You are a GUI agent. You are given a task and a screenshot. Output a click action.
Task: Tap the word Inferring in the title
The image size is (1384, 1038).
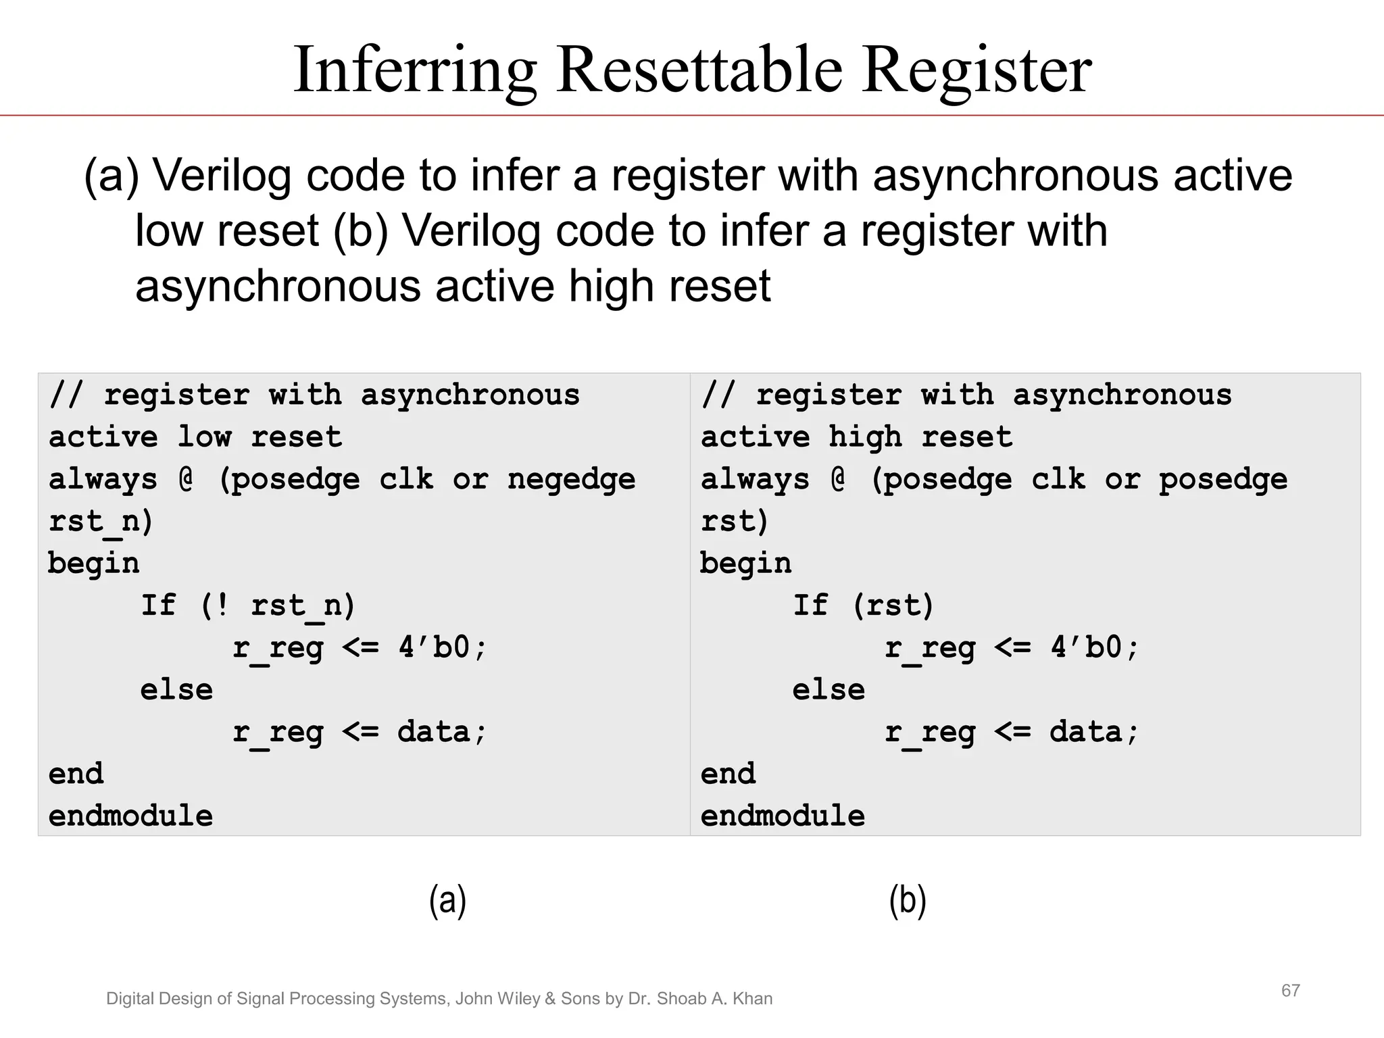415,72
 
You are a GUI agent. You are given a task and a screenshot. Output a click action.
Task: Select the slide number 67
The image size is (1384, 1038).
1290,991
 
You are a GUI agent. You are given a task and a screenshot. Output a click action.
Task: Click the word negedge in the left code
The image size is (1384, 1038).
571,480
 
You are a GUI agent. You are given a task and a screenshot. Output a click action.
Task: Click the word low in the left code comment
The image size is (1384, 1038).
204,437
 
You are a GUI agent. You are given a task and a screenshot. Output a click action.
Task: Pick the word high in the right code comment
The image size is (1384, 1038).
865,437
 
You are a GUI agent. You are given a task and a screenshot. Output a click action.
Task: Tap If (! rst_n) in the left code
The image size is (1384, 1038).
247,605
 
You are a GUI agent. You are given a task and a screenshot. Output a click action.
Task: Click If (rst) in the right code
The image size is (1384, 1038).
863,605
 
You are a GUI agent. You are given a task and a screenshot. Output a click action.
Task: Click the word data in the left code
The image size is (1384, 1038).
433,732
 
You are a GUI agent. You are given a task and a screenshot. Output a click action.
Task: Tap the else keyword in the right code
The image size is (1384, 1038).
829,690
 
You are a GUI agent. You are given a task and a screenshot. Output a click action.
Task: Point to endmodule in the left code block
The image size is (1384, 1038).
130,816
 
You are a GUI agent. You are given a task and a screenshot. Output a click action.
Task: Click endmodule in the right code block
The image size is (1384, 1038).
783,816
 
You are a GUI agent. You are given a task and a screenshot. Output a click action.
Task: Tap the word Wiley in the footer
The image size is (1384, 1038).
516,999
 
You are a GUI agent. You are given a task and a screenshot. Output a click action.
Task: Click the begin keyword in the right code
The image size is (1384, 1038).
745,564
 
